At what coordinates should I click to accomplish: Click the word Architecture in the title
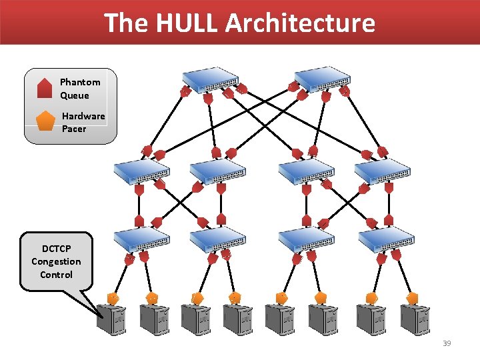click(x=300, y=23)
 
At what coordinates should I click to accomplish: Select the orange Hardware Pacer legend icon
click(x=45, y=121)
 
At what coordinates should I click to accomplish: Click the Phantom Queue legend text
click(x=80, y=89)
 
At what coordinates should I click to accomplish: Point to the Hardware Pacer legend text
click(x=83, y=122)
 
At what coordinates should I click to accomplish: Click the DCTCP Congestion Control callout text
click(x=56, y=261)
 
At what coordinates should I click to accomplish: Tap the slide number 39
click(x=447, y=343)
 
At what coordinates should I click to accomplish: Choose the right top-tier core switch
click(x=321, y=79)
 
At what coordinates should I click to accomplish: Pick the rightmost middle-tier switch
click(x=382, y=171)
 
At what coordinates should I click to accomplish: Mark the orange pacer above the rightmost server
click(x=412, y=297)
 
